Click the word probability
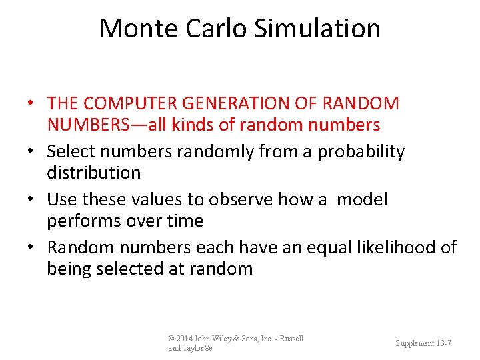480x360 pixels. click(361, 152)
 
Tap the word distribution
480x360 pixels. click(93, 173)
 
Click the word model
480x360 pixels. click(362, 199)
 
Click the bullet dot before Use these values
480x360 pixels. click(32, 200)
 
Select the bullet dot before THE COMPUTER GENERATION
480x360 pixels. click(32, 104)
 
